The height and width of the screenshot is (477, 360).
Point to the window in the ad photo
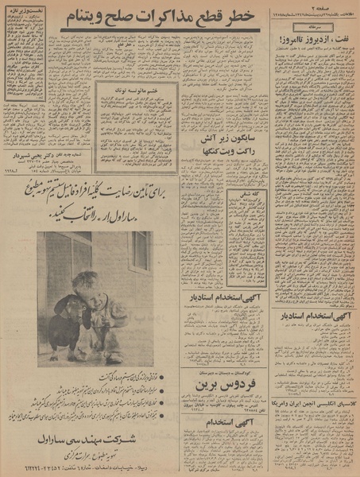(140, 251)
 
